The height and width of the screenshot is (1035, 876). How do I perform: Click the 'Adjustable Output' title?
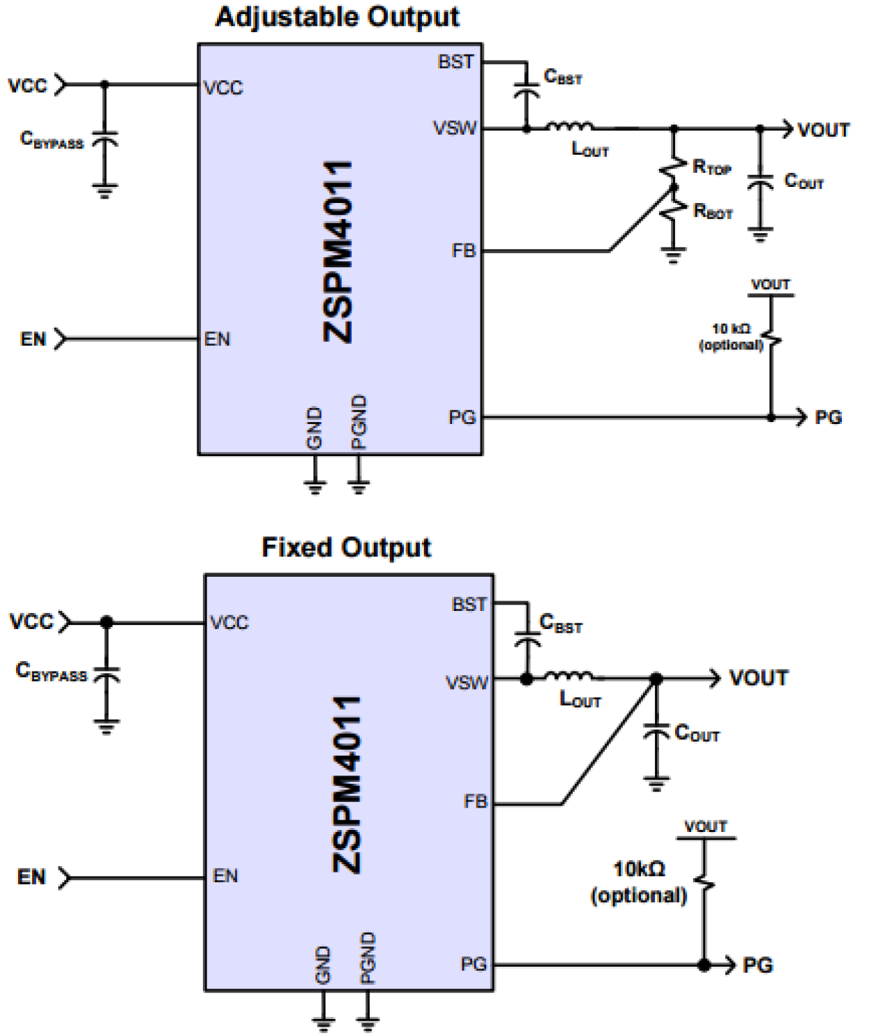tap(338, 17)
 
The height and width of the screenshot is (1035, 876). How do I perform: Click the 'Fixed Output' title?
tap(346, 547)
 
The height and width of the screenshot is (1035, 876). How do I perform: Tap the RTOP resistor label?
tap(711, 167)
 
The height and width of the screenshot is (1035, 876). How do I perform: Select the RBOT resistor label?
tap(713, 211)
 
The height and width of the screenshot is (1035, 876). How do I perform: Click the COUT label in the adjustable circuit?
tap(803, 182)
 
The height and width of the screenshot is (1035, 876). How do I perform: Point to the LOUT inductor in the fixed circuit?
tap(569, 676)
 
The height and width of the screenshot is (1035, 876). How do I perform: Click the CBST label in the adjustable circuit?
tap(562, 77)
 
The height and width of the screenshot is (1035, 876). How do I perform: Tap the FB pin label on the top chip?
tap(463, 250)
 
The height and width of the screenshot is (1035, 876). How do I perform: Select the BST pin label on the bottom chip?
tap(469, 604)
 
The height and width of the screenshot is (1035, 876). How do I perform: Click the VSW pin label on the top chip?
tap(455, 128)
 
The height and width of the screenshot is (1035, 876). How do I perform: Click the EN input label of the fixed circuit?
tap(31, 877)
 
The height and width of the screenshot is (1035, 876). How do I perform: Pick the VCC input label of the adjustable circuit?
tap(27, 86)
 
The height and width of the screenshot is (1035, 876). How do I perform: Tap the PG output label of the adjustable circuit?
tap(828, 418)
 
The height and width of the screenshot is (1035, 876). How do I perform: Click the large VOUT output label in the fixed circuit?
tap(758, 678)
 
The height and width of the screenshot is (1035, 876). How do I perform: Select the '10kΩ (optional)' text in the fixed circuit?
tap(639, 882)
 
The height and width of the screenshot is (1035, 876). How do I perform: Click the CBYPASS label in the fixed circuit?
tap(52, 672)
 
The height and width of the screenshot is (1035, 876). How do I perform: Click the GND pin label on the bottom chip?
tap(323, 965)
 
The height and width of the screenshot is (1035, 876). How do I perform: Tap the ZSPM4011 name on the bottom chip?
tap(347, 784)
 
